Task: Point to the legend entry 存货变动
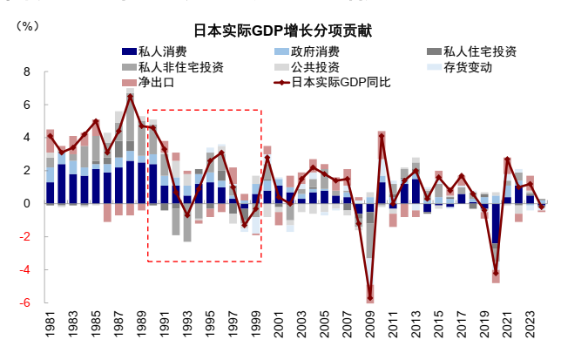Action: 468,67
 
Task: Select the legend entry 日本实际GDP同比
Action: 341,83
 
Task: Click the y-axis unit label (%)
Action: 27,25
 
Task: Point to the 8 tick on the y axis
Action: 26,71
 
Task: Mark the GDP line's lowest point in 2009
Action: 369,299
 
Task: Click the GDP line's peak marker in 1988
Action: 131,96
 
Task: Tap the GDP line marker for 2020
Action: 496,273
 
